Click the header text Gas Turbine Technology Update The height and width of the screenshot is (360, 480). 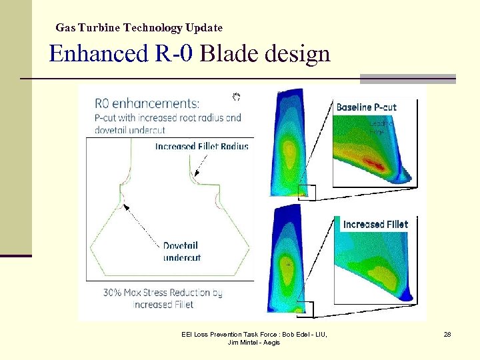tap(139, 28)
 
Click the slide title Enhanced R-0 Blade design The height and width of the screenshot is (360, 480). tap(189, 53)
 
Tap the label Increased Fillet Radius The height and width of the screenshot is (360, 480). tap(201, 146)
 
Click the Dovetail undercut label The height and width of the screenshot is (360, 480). tap(181, 251)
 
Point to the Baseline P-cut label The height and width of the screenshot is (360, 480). tap(366, 107)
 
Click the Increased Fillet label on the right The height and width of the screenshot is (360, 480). tap(375, 225)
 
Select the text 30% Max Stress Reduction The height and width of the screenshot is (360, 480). tap(163, 293)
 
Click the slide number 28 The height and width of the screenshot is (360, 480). tap(447, 334)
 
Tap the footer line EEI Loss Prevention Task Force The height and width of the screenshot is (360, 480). tap(254, 334)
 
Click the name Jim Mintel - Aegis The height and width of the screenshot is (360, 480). tap(254, 342)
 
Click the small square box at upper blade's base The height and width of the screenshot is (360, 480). tap(307, 192)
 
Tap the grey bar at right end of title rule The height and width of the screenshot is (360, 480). tap(407, 79)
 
